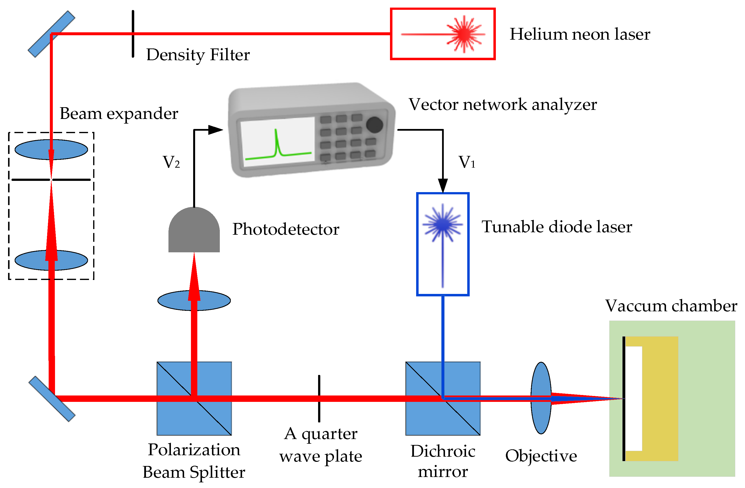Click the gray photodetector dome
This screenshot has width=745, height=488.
194,230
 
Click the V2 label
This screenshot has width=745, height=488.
171,162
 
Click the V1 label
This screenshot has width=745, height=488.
467,162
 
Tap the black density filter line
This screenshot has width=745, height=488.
133,44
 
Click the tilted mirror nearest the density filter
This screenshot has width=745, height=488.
52,34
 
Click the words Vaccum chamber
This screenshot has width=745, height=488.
671,306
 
